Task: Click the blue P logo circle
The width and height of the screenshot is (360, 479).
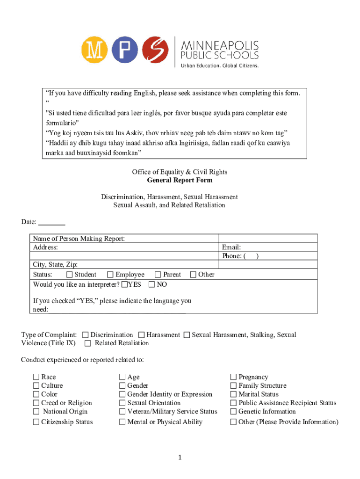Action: click(125, 50)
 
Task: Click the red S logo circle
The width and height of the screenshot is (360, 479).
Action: click(155, 50)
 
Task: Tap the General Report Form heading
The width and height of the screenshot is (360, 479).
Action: click(180, 180)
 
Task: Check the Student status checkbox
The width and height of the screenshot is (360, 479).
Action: click(70, 275)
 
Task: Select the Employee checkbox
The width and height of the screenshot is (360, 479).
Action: click(110, 275)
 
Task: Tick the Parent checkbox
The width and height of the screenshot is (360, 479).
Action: click(158, 275)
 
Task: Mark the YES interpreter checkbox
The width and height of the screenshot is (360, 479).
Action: click(124, 284)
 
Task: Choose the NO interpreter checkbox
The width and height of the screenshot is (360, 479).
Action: click(152, 284)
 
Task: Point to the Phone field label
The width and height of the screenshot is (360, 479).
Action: click(232, 256)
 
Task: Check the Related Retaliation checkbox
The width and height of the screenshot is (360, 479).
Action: click(88, 343)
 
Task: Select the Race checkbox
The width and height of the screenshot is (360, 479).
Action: click(36, 377)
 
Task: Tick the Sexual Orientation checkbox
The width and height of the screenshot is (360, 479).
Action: click(122, 403)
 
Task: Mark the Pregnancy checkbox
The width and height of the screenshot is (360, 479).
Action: click(233, 377)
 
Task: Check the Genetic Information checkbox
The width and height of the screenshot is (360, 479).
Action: click(233, 412)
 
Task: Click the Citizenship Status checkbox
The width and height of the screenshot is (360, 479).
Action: click(36, 422)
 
